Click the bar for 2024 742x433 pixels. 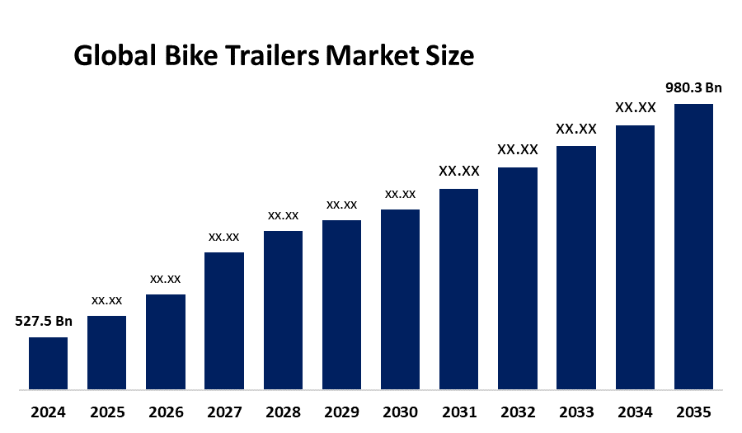pos(48,363)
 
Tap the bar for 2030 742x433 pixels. pos(400,299)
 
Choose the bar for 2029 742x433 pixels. pos(341,304)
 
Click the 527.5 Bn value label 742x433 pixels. pos(44,321)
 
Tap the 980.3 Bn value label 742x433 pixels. pos(693,87)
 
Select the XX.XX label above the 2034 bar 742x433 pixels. pos(635,108)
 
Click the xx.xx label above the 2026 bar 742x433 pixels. pos(165,279)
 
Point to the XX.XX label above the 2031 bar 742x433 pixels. pos(459,172)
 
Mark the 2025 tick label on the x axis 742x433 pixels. pos(106,412)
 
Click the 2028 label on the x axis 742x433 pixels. pos(283,412)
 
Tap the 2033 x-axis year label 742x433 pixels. pos(576,412)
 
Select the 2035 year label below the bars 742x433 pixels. pos(693,412)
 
